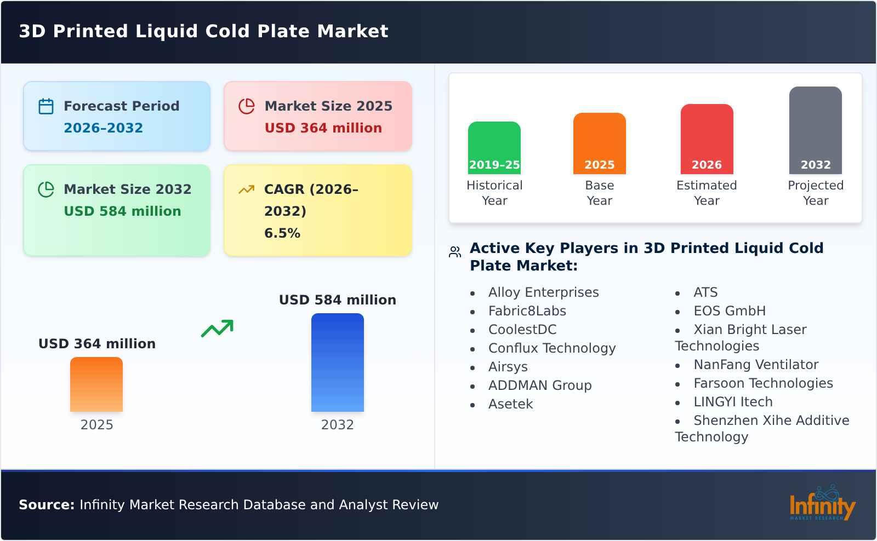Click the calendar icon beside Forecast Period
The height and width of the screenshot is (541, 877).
tap(46, 106)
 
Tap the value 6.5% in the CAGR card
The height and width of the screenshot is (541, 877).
tap(282, 233)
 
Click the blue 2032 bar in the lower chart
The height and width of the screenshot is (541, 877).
tap(337, 362)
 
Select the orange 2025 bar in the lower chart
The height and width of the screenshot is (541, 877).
tap(96, 384)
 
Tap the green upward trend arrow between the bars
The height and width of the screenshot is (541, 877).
tap(217, 328)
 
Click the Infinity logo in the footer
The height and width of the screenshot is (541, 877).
tap(822, 503)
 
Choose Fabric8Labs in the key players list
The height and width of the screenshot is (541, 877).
tap(527, 311)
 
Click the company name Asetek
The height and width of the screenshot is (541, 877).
tap(510, 404)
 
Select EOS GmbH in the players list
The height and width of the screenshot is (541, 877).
tap(729, 311)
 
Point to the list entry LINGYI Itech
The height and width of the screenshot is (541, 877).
tap(733, 402)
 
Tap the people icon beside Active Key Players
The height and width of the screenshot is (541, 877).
tap(455, 252)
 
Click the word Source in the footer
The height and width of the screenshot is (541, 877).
tap(46, 505)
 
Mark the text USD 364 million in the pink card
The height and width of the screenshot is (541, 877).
tap(323, 128)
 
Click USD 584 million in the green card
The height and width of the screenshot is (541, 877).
tap(122, 211)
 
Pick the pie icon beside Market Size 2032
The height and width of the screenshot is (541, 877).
tap(46, 189)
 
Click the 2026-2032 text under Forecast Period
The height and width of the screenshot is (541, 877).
tap(103, 128)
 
